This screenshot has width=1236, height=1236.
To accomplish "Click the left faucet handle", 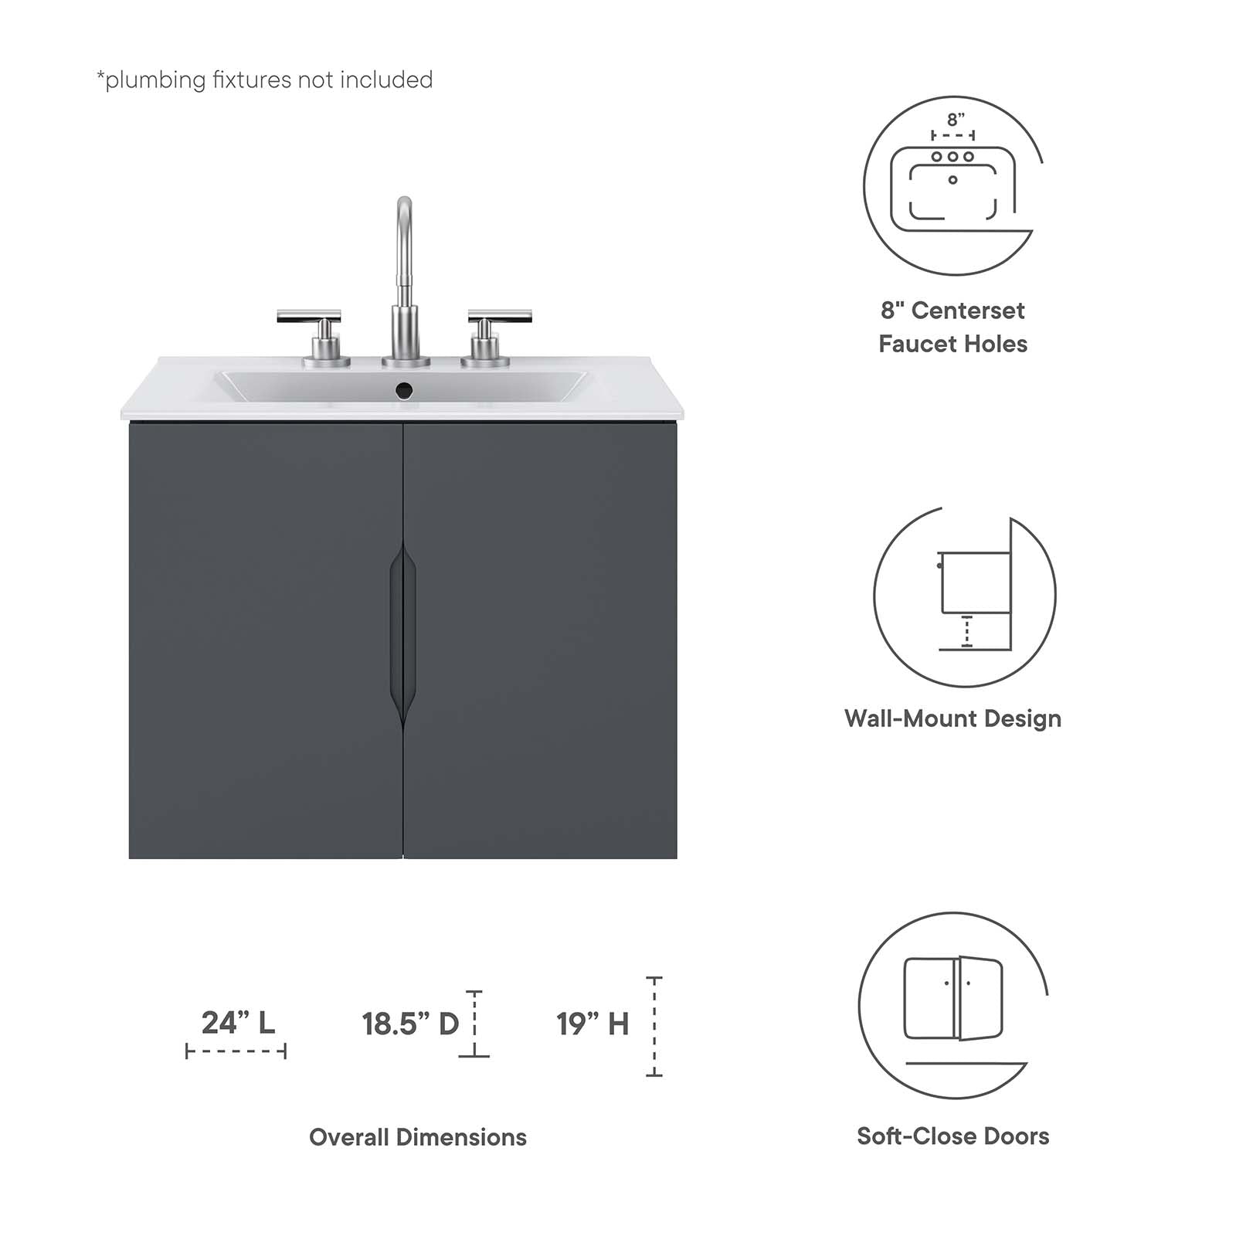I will pyautogui.click(x=309, y=317).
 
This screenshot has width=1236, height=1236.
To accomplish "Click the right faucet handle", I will pyautogui.click(x=499, y=317).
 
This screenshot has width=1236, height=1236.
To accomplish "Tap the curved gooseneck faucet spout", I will pyautogui.click(x=404, y=232).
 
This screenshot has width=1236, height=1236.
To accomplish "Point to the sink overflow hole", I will pyautogui.click(x=404, y=391).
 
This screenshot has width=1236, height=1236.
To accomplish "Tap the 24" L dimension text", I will pyautogui.click(x=238, y=1023).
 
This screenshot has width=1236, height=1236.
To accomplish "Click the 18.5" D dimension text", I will pyautogui.click(x=410, y=1024).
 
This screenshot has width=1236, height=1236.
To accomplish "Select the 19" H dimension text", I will pyautogui.click(x=593, y=1024).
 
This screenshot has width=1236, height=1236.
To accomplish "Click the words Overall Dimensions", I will pyautogui.click(x=418, y=1137).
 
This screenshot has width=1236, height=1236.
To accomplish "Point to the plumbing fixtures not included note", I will pyautogui.click(x=264, y=80).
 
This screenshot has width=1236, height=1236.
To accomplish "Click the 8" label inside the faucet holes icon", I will pyautogui.click(x=956, y=120).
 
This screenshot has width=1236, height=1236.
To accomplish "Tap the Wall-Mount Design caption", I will pyautogui.click(x=952, y=718).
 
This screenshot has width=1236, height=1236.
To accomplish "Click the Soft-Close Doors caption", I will pyautogui.click(x=952, y=1136).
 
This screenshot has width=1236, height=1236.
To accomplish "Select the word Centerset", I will pyautogui.click(x=968, y=311).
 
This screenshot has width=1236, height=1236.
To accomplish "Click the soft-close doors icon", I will pyautogui.click(x=952, y=1004).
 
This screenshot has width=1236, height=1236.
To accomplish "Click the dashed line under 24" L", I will pyautogui.click(x=236, y=1051).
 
